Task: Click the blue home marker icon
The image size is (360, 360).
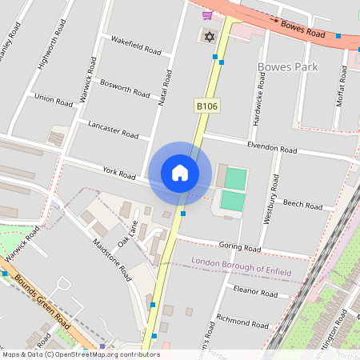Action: [x=180, y=173]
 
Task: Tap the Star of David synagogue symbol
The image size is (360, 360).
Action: [x=210, y=37]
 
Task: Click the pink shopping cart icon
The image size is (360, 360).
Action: [x=207, y=14]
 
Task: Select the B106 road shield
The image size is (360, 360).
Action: [x=206, y=106]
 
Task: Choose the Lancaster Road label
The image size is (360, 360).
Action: [x=114, y=130]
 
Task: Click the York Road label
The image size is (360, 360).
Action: [x=119, y=172]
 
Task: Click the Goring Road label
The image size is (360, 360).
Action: [x=241, y=249]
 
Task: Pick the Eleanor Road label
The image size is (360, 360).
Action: [x=256, y=293]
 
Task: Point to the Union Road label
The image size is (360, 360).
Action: [x=54, y=98]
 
